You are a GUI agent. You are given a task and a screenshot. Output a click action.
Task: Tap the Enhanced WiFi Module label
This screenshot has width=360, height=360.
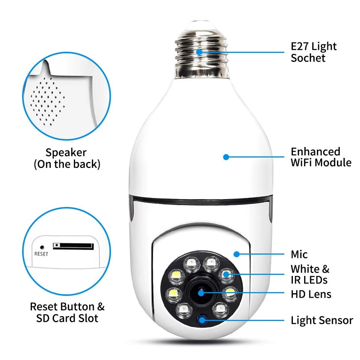(321, 157)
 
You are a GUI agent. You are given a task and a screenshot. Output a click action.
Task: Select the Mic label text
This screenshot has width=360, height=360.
(299, 255)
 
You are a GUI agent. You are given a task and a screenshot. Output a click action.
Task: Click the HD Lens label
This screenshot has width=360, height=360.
(311, 294)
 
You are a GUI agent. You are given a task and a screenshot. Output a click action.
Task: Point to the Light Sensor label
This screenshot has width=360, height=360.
(322, 321)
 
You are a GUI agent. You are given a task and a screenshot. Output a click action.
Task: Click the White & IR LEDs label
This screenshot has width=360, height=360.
(310, 274)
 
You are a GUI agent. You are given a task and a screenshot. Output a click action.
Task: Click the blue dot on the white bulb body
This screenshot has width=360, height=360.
(226, 157)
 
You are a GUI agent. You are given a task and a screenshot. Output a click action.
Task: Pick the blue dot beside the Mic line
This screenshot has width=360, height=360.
(236, 254)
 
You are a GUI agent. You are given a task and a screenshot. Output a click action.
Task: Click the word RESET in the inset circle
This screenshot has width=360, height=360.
(41, 254)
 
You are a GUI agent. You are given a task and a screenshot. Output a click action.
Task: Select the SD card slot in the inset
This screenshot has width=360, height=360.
(73, 246)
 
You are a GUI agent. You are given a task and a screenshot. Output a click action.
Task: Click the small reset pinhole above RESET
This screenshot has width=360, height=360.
(42, 247)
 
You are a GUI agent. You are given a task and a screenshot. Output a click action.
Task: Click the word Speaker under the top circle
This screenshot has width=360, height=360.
(66, 153)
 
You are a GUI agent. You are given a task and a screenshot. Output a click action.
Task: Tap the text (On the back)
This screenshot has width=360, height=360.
(67, 164)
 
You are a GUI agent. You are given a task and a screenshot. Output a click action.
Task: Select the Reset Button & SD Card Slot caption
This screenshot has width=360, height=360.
(67, 312)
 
